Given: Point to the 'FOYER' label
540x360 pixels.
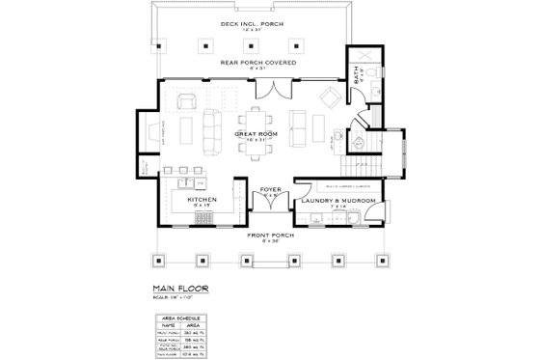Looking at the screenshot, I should click(x=270, y=190).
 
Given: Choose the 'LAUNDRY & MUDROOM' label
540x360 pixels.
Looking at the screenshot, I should click(x=337, y=200).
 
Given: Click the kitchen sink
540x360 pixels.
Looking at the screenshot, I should click(x=184, y=180).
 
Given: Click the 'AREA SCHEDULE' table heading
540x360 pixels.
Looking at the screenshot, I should click(x=179, y=317).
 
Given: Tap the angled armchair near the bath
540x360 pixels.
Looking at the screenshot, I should click(x=329, y=97).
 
